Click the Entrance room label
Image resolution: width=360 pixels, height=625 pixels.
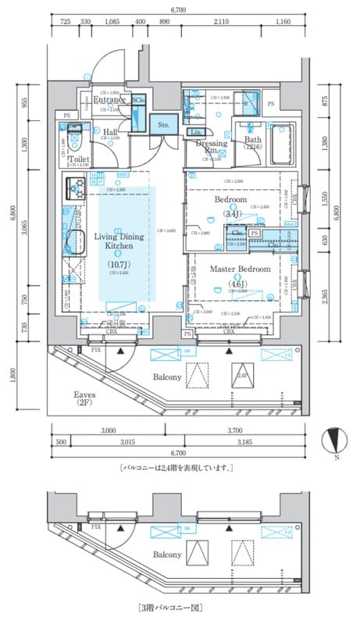[110, 100]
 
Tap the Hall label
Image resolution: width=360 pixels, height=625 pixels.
[110, 133]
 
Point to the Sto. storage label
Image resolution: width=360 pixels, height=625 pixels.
[164, 123]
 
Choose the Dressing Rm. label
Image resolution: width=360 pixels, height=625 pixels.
[212, 147]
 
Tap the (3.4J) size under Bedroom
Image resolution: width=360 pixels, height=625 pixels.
[230, 212]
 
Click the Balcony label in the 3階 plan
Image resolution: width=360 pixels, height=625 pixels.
[168, 554]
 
